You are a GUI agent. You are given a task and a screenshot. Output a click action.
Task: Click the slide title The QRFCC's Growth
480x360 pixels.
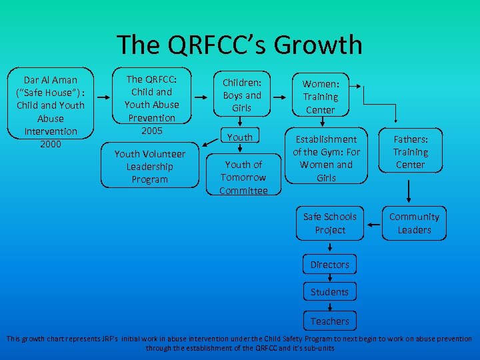pyautogui.click(x=239, y=45)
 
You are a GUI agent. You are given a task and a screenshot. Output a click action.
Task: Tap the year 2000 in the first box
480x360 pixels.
pyautogui.click(x=51, y=144)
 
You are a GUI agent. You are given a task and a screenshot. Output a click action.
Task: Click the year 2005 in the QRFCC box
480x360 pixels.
pyautogui.click(x=151, y=131)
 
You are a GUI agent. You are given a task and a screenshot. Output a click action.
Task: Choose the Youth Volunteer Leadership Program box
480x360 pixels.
pyautogui.click(x=150, y=167)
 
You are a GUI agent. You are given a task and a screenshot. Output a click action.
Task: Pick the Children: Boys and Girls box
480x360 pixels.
pyautogui.click(x=242, y=95)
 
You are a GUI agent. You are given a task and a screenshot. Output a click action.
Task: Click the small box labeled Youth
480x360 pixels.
pyautogui.click(x=240, y=137)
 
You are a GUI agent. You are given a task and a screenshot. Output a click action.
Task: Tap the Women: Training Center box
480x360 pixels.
pyautogui.click(x=321, y=96)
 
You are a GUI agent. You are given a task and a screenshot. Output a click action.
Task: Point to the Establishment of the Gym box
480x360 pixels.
pyautogui.click(x=327, y=159)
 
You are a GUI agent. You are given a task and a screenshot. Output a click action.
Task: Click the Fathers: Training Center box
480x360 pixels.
pyautogui.click(x=410, y=152)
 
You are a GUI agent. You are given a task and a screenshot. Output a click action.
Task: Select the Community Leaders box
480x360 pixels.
pyautogui.click(x=414, y=223)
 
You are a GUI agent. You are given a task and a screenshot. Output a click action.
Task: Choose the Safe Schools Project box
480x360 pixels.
pyautogui.click(x=330, y=223)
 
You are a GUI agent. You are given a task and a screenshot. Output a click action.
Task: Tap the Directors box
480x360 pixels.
pyautogui.click(x=329, y=265)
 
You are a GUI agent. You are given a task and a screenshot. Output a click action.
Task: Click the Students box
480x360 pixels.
pyautogui.click(x=329, y=292)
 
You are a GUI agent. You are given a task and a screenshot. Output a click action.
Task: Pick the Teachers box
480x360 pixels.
pyautogui.click(x=329, y=321)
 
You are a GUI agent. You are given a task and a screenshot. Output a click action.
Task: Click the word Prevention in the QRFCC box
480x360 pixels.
pyautogui.click(x=151, y=118)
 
